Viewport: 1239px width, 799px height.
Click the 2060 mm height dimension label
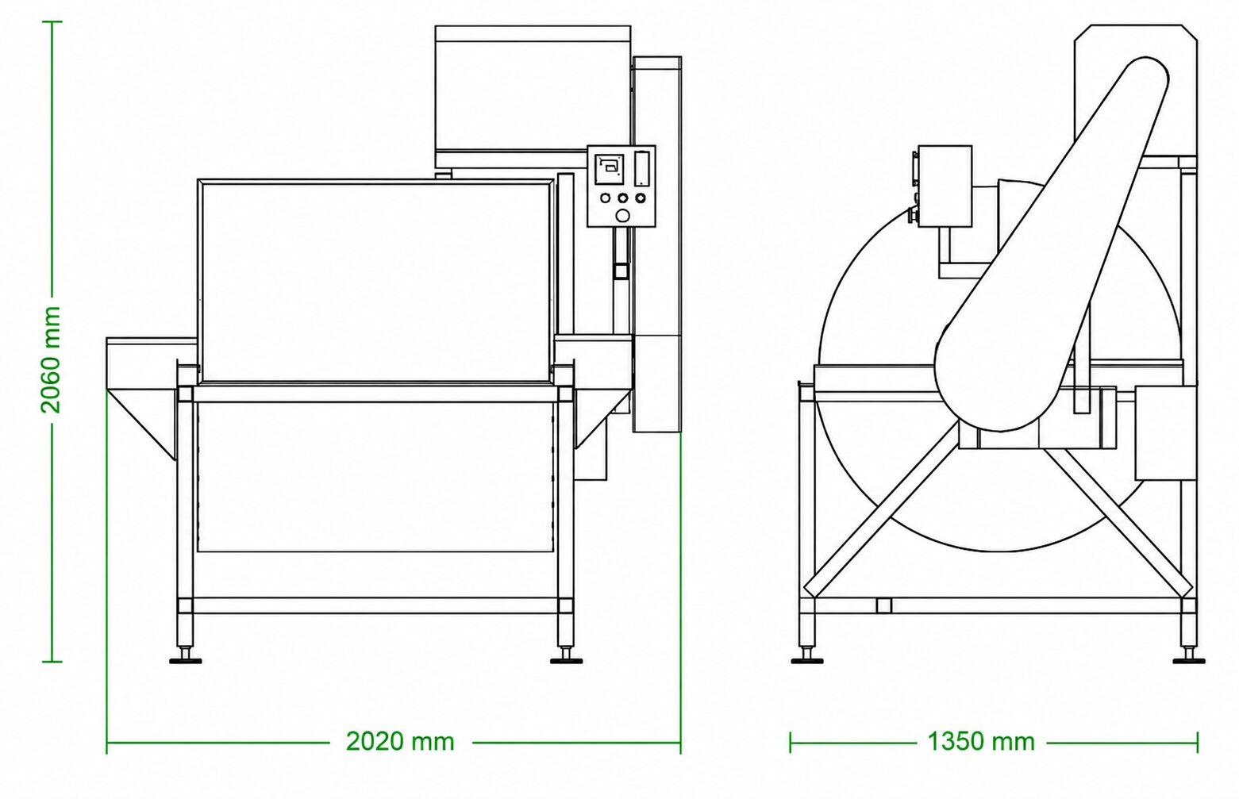tap(50, 359)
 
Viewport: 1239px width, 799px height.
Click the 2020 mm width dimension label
tap(400, 742)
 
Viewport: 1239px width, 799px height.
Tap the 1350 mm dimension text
tap(981, 742)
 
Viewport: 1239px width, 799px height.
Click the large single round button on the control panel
tap(622, 216)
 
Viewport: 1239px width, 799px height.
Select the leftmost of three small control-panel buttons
tap(605, 198)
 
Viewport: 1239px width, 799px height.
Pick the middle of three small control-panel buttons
tap(623, 198)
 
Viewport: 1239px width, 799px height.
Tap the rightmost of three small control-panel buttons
tap(641, 198)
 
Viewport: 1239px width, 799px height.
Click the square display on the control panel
tap(609, 169)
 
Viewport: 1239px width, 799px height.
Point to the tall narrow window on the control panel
tap(641, 169)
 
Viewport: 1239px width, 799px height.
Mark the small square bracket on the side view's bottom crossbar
tap(884, 605)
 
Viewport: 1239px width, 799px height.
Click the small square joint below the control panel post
tap(621, 271)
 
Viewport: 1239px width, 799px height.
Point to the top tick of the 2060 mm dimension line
tap(52, 22)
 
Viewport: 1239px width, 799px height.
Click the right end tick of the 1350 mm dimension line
tap(1198, 742)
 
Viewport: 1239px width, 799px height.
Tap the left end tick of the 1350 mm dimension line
tap(791, 742)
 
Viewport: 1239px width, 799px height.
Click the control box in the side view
tap(945, 186)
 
